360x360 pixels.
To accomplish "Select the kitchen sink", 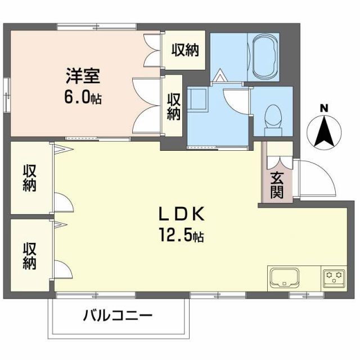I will (x=284, y=277).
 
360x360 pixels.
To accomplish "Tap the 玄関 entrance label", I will (x=277, y=184).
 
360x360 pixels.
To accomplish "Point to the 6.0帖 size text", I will (x=82, y=98).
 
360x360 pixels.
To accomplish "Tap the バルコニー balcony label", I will (x=118, y=316).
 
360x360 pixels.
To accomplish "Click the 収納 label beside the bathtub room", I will (x=185, y=51).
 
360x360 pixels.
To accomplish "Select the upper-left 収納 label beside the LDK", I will (x=29, y=178).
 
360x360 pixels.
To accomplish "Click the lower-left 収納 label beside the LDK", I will (x=29, y=255).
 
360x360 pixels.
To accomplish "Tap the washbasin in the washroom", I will (x=196, y=101).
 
